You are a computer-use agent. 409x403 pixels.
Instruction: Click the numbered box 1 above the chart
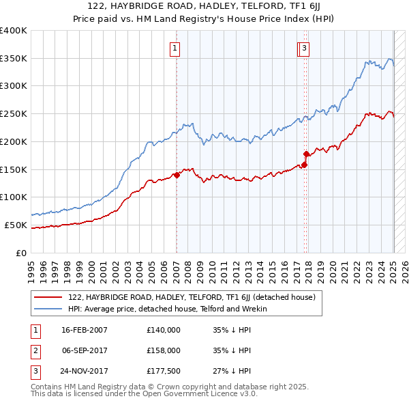(x=175, y=48)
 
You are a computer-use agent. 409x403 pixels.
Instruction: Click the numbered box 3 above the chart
(x=304, y=48)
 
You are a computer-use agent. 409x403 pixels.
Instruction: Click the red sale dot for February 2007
(x=177, y=175)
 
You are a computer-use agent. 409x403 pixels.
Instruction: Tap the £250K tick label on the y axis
(x=14, y=113)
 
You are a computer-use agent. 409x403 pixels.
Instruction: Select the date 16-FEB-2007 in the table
(x=85, y=330)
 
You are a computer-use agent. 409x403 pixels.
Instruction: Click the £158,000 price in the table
(x=164, y=350)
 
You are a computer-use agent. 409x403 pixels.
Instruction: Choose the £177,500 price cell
(x=164, y=371)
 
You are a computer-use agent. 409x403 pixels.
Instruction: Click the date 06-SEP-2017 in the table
(x=85, y=350)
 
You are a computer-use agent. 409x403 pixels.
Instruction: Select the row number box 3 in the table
(x=34, y=371)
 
